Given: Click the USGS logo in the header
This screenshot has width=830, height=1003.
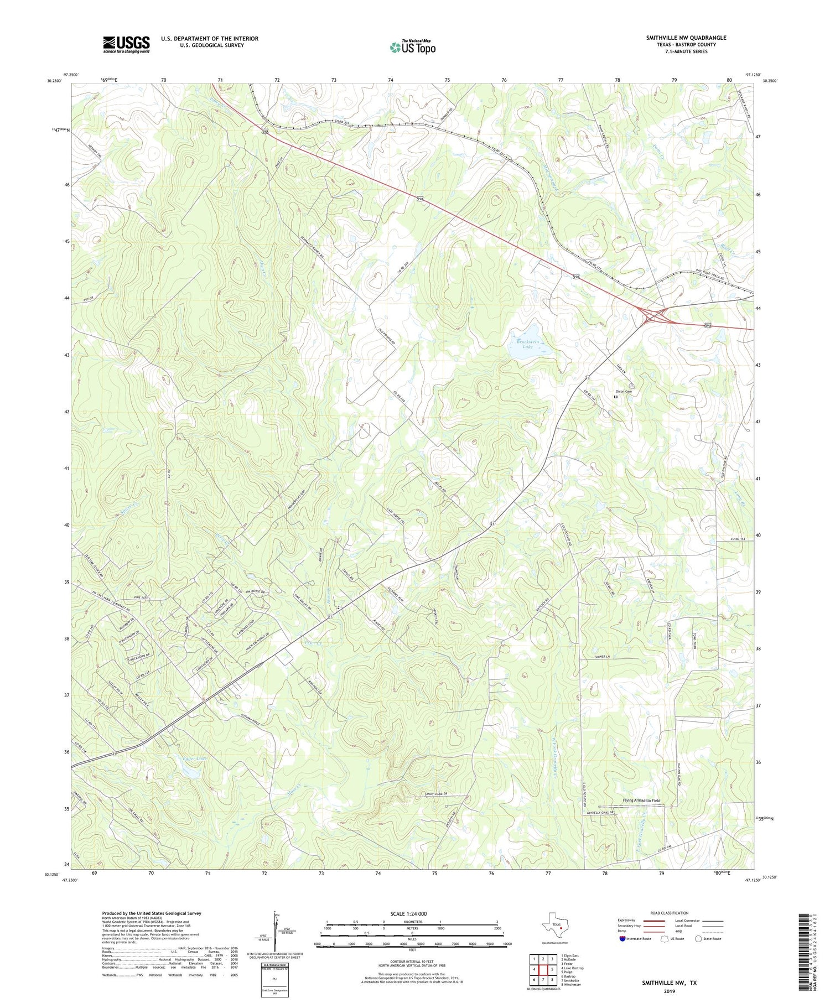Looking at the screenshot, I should tap(126, 44).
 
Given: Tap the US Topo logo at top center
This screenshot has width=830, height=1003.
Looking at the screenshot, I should tap(412, 47).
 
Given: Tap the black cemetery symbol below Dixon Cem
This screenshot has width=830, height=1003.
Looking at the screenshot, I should tap(615, 397).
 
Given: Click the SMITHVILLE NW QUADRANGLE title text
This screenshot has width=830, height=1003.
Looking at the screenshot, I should tap(686, 38).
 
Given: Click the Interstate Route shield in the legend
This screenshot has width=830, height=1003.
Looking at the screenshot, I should tap(622, 939).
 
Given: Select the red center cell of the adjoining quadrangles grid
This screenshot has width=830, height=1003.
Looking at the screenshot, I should tap(543, 969).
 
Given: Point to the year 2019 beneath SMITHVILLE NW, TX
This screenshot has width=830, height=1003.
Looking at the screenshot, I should tap(669, 991).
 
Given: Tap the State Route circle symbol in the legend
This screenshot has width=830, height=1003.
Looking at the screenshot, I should tap(699, 939).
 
